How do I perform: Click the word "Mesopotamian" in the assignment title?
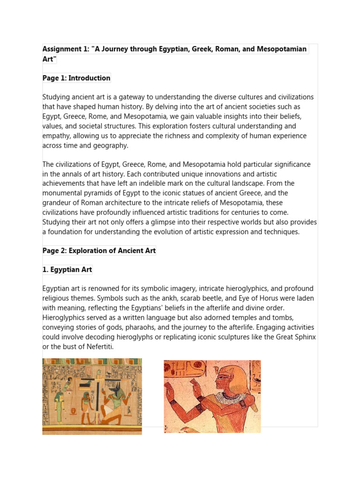[284, 49]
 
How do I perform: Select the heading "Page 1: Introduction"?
[76, 78]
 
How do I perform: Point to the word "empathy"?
[58, 136]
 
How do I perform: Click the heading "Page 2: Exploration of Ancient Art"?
[99, 251]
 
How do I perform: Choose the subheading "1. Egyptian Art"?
[67, 270]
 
